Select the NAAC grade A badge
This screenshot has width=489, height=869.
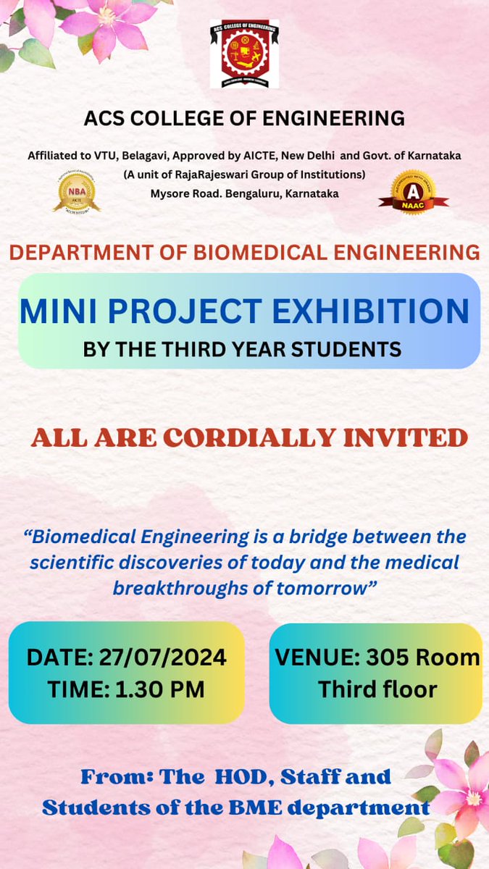(414, 192)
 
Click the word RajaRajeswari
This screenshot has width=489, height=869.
(218, 175)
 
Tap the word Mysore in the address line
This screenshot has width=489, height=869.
(172, 193)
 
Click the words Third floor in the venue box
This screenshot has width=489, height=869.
(377, 689)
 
